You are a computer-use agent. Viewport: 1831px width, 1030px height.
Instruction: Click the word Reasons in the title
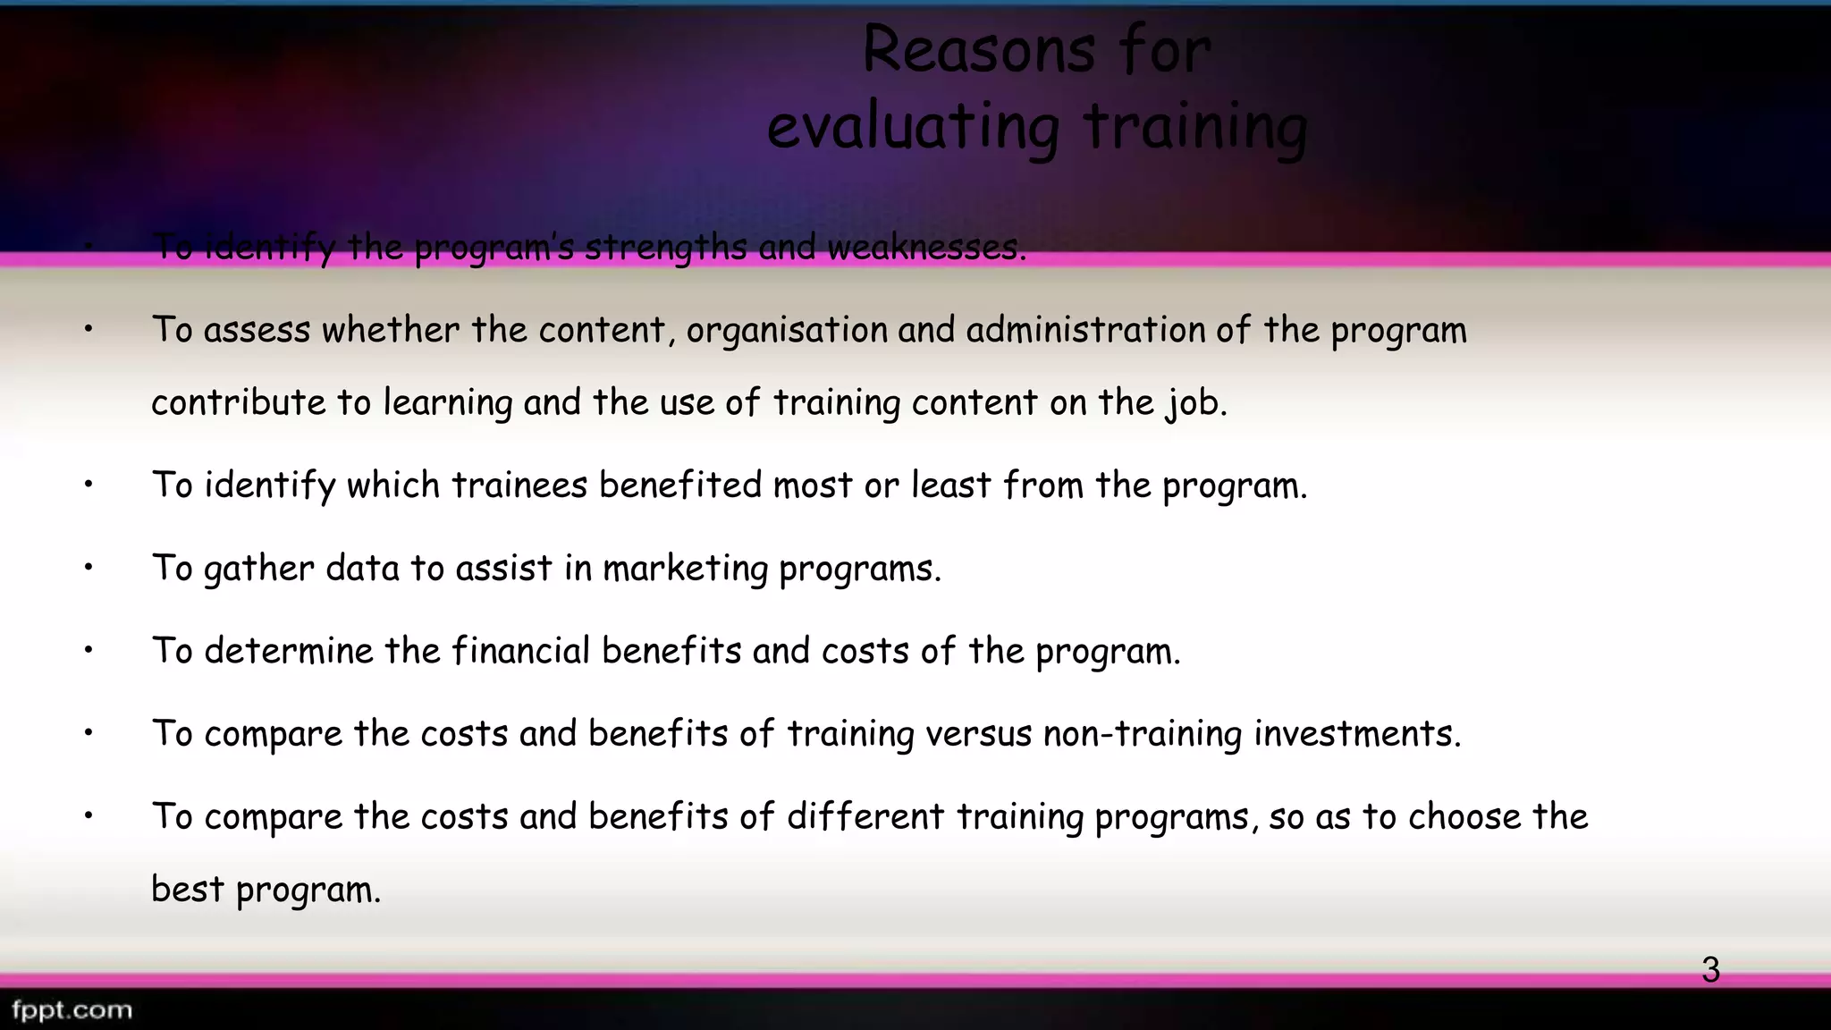(978, 50)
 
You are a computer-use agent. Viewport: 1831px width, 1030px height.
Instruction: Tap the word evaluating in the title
(914, 127)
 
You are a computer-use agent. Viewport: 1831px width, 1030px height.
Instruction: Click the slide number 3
(1710, 970)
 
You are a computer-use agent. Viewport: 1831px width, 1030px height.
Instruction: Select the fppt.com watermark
(72, 1010)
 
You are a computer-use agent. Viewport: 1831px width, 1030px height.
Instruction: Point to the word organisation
(787, 330)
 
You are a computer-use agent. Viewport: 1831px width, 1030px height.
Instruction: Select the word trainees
(519, 485)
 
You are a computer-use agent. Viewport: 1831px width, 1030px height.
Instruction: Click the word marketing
(685, 569)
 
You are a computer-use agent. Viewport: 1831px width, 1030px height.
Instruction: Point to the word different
(865, 816)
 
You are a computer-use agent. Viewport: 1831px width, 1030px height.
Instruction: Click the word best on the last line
(187, 890)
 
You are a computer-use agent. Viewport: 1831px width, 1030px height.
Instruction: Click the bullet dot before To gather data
(89, 568)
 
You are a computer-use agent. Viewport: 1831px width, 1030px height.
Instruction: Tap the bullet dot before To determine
(89, 650)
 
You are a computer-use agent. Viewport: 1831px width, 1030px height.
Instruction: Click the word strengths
(665, 248)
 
